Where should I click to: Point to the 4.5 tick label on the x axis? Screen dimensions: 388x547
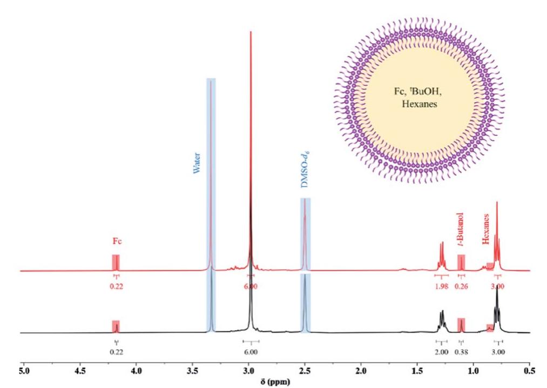(80, 372)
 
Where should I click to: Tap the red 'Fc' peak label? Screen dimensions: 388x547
(117, 241)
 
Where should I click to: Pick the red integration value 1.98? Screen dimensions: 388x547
(441, 286)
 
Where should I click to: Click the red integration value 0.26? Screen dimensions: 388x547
(461, 286)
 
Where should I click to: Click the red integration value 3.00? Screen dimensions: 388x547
(497, 286)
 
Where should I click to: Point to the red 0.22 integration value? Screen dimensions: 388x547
(117, 286)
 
